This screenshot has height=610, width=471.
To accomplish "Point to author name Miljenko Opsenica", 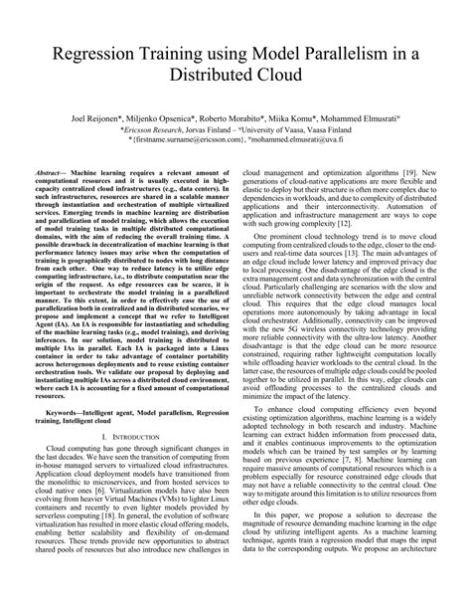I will click(170, 116).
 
